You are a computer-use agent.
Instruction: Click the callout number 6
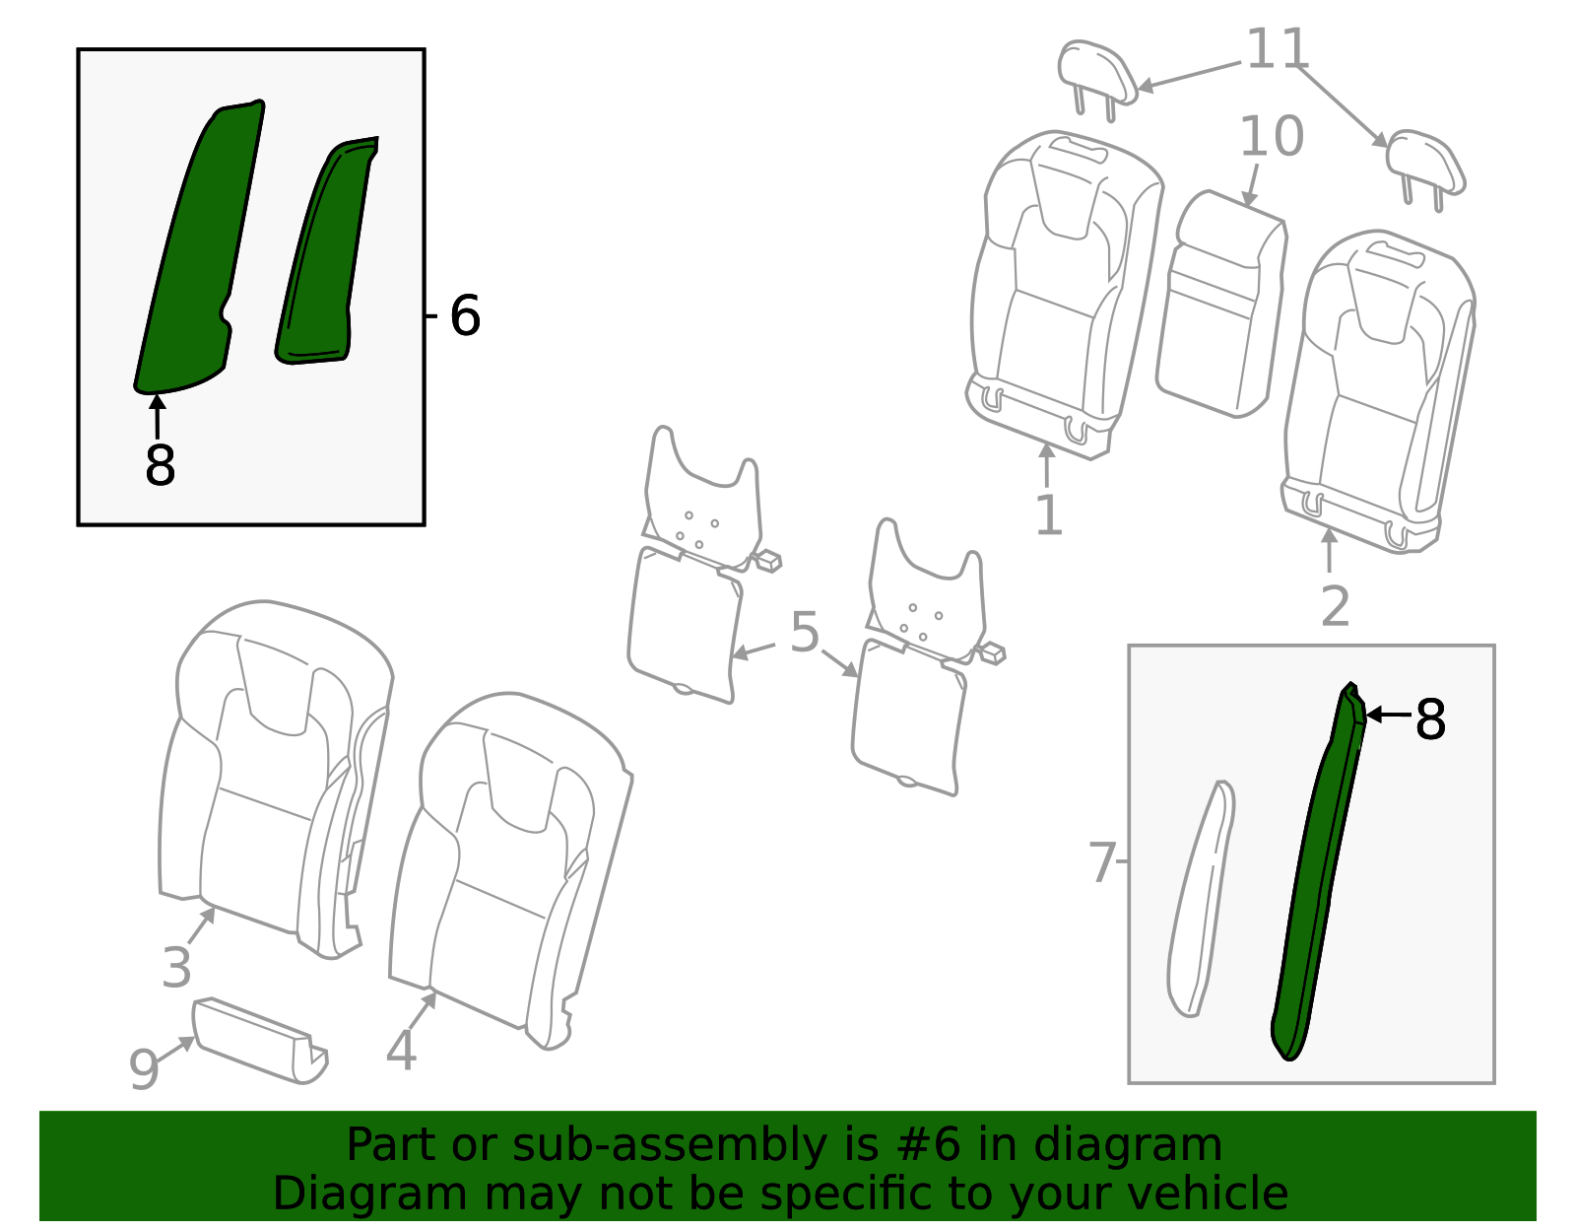tap(465, 315)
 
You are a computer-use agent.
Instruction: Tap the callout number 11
tap(1278, 48)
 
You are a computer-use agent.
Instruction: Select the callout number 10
tap(1272, 136)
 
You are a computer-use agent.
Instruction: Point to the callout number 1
tap(1049, 515)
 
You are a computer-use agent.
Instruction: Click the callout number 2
tap(1336, 606)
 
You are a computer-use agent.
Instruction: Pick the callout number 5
tap(805, 632)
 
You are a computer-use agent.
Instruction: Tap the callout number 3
tap(176, 966)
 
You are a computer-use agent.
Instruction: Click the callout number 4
tap(401, 1050)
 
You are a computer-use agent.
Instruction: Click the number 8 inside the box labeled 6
tap(161, 464)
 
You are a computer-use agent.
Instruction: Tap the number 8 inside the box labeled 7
tap(1430, 719)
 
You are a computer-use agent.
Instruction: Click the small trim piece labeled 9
tap(259, 1041)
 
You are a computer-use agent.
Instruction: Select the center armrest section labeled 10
tap(1222, 305)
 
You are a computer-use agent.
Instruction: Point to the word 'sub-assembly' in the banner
tap(670, 1144)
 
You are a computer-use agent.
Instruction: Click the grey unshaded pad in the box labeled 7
tap(1200, 898)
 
